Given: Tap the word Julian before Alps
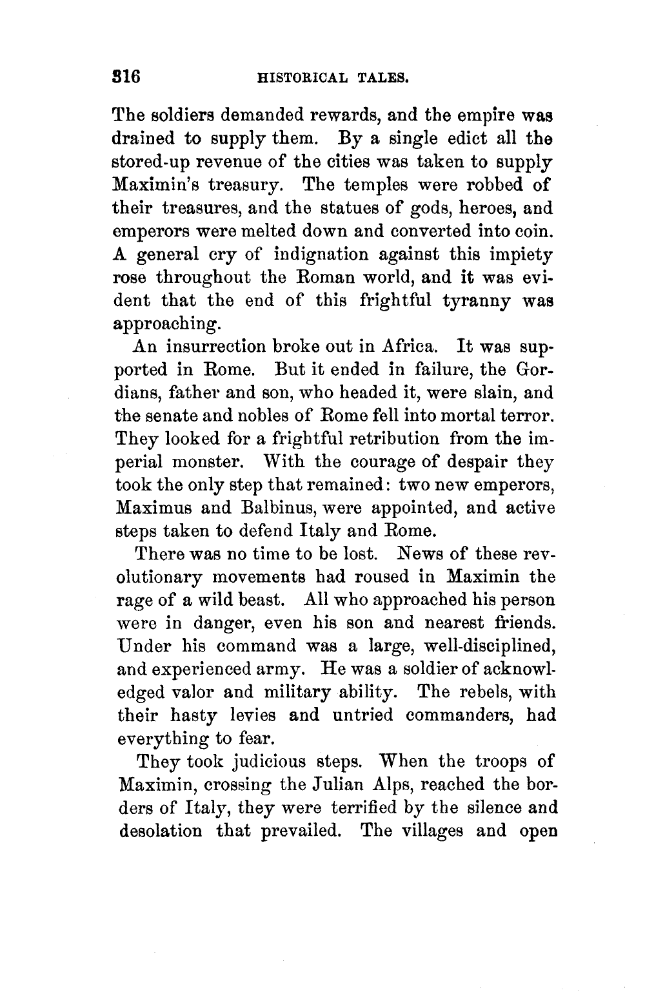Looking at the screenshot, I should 337,784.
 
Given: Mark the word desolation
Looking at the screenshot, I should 161,830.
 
